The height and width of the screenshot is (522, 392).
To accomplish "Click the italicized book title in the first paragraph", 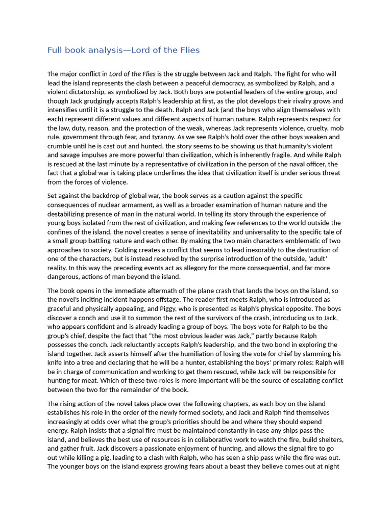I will [x=132, y=74].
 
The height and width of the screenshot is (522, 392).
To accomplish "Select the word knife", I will [x=57, y=362].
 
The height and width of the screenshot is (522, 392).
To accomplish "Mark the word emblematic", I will [x=300, y=241].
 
